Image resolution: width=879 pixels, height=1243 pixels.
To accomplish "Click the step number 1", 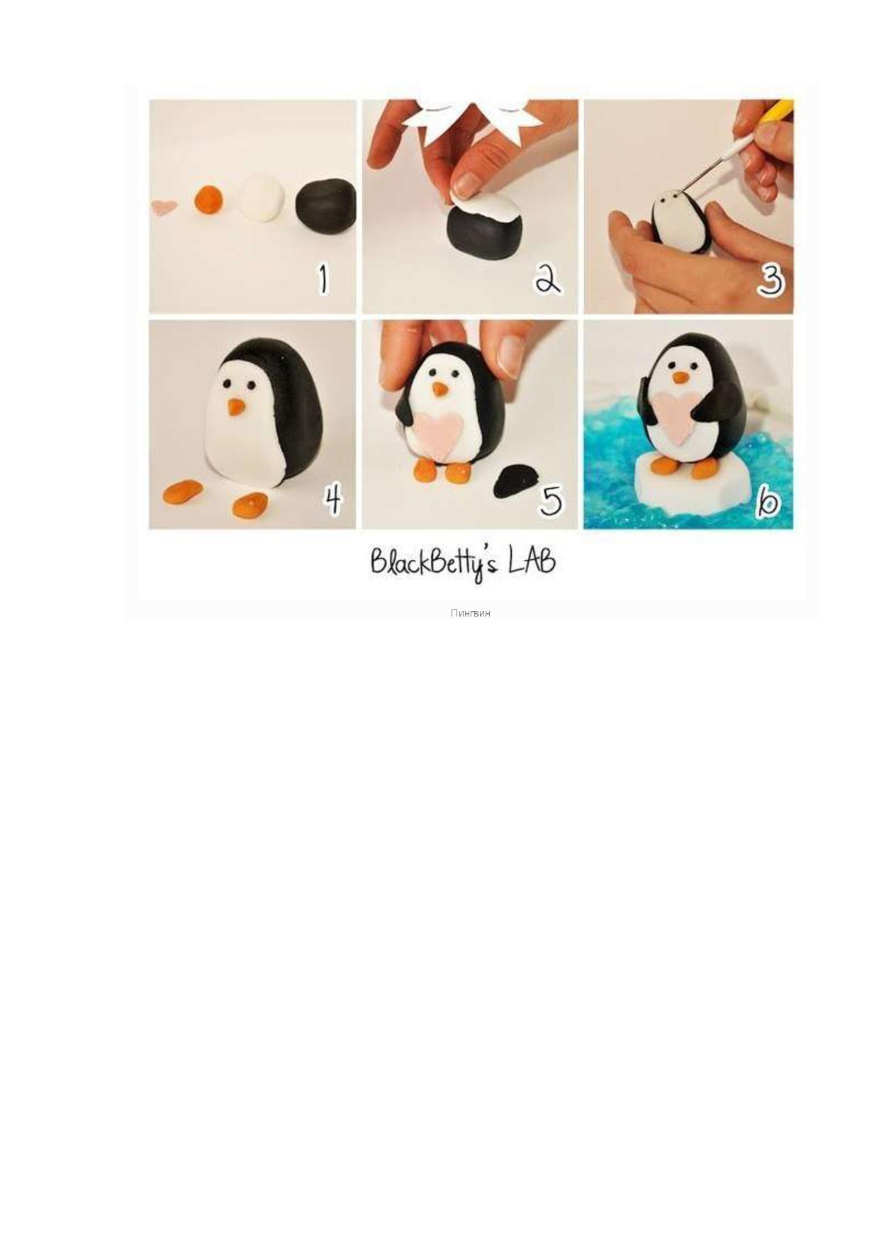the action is coord(323,279).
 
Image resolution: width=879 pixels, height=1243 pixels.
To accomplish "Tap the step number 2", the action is coord(547,279).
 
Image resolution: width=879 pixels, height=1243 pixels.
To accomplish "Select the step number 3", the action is coord(771,279).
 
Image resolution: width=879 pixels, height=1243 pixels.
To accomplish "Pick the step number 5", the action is coord(551,500).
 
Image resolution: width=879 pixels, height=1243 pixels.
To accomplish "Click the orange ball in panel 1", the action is coord(208,199).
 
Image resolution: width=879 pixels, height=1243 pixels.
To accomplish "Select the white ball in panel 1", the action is coord(262,198).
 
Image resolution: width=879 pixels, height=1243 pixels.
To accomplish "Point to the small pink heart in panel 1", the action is coord(164,207).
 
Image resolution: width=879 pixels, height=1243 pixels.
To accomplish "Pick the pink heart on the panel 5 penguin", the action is coord(439,433).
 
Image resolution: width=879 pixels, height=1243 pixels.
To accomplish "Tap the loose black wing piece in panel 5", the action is coord(516,482).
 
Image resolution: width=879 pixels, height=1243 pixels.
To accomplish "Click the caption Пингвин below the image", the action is coord(470,613).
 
